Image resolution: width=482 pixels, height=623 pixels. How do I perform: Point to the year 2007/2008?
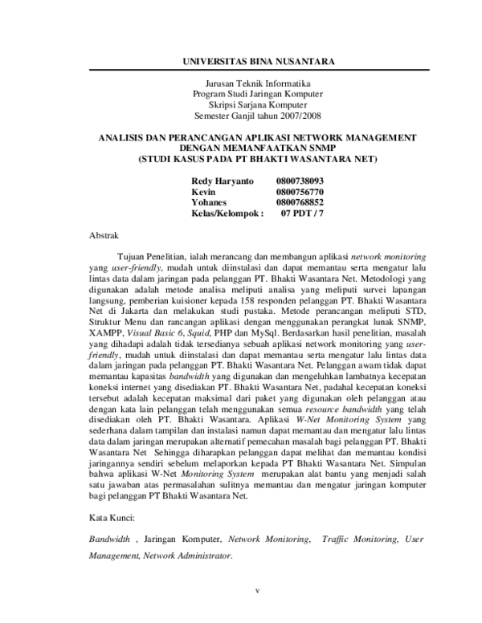(290, 115)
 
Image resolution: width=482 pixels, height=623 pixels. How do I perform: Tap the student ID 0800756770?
(299, 193)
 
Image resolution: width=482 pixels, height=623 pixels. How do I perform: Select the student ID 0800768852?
(299, 204)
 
